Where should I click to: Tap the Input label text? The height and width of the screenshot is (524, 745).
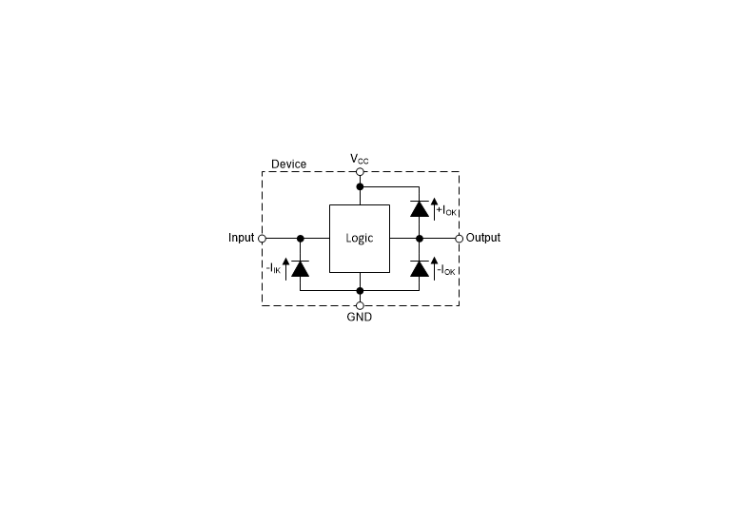coord(242,238)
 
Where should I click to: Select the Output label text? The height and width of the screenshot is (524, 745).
coord(482,238)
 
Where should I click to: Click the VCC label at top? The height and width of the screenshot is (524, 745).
coord(360,159)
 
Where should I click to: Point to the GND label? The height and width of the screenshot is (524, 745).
coord(360,317)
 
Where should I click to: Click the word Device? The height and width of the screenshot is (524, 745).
coord(288,164)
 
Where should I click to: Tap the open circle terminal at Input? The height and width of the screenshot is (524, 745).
coord(262,239)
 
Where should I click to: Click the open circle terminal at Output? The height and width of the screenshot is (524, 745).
coord(459,239)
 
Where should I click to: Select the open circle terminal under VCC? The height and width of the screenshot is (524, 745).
coord(360,171)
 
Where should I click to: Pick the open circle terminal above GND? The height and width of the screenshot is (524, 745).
coord(360,305)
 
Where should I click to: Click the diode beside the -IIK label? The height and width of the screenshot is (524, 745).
coord(301,268)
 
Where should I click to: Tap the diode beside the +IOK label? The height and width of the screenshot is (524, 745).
coord(419,208)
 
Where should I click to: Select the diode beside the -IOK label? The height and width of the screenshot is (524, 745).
coord(419,268)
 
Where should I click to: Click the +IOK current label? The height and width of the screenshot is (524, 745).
coord(446,210)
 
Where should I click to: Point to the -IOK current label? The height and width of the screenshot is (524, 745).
coord(446,270)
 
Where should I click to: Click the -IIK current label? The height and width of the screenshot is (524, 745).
coord(273,269)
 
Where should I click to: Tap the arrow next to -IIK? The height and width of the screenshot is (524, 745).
coord(285,269)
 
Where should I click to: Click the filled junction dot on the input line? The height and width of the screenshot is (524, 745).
coord(301,239)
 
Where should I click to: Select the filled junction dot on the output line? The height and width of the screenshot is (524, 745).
coord(419,239)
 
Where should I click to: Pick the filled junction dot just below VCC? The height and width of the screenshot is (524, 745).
coord(360,186)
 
